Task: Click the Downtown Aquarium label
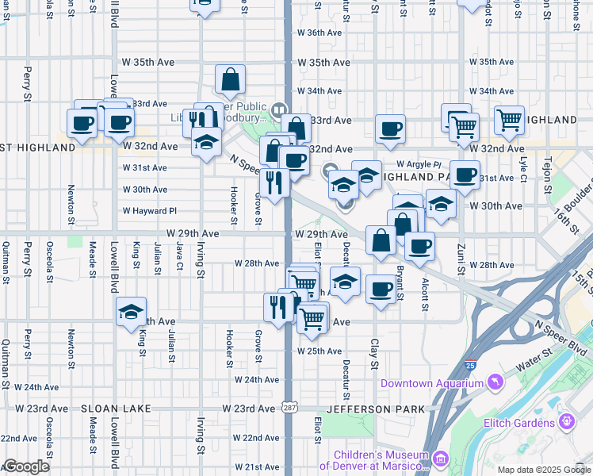[430, 384]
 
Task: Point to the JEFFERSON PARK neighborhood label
[375, 409]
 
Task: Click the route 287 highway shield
[287, 408]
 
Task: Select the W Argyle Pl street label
[419, 163]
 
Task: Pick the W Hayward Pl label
[149, 211]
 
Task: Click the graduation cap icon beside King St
[131, 311]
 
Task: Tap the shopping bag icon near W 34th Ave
[230, 79]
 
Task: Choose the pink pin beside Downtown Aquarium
[495, 383]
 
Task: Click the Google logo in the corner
[26, 466]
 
